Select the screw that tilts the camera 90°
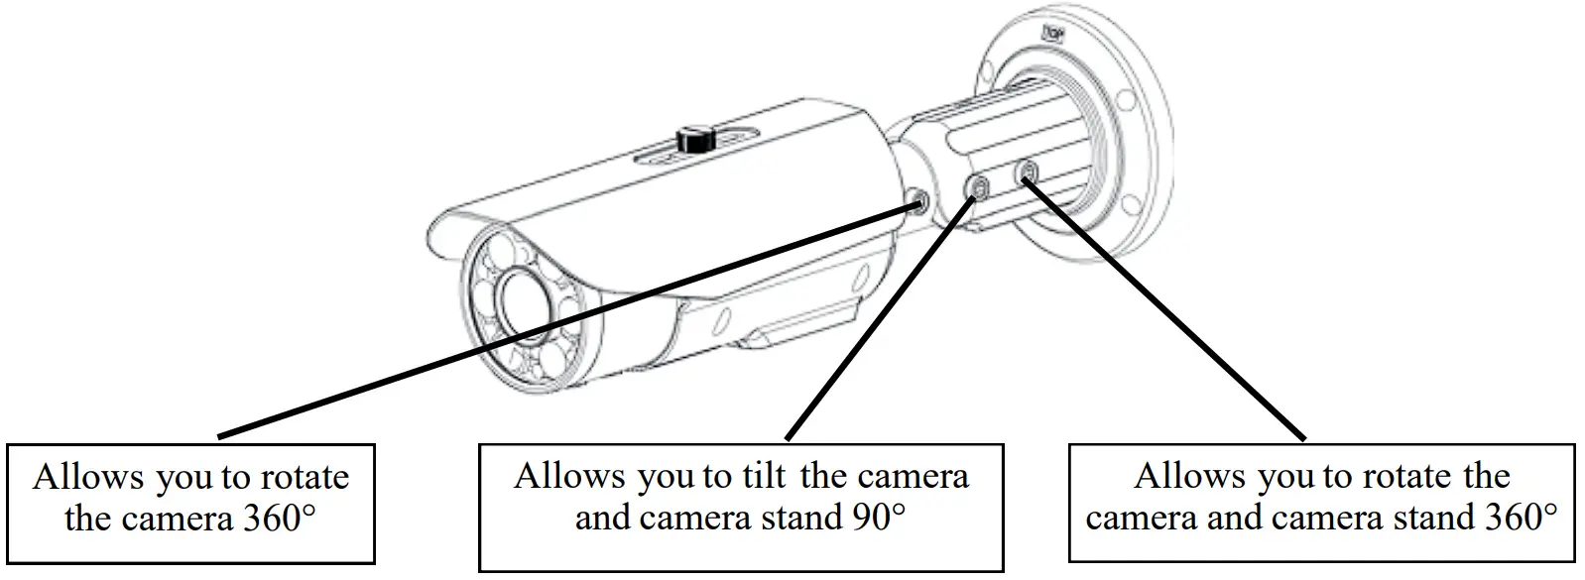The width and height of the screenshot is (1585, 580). pos(978,186)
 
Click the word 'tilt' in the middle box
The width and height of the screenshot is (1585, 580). pos(764,477)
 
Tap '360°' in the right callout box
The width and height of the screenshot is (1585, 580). pos(1517,517)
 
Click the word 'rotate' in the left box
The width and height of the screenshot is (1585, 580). pos(305,478)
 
